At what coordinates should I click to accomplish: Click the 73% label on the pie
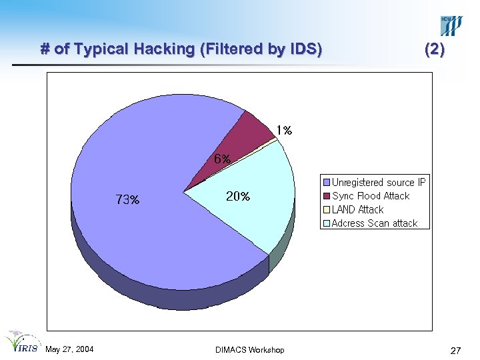127,199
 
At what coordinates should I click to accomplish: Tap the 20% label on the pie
238,197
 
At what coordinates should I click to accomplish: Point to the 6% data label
222,159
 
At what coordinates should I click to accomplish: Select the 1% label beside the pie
285,131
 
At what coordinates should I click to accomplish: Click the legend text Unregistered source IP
379,182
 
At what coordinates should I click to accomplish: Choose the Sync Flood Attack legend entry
371,196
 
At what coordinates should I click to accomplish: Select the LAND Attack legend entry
357,209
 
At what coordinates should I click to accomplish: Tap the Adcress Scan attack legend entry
375,223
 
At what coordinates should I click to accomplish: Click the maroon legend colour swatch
327,196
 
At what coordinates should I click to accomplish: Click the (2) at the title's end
434,49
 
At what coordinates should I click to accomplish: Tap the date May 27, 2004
69,350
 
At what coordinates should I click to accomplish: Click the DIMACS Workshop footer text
250,350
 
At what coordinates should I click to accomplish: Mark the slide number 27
456,351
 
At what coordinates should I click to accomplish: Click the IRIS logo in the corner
21,341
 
